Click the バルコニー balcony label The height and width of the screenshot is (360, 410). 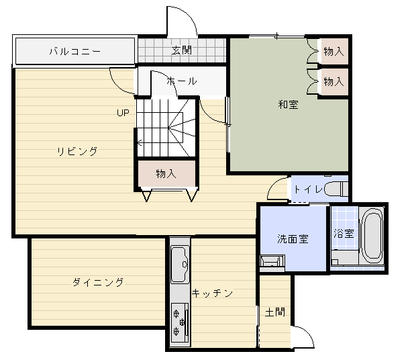tap(74, 51)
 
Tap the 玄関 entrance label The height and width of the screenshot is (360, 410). tap(182, 50)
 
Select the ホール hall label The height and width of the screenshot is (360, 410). tap(182, 81)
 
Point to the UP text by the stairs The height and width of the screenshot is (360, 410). tap(123, 113)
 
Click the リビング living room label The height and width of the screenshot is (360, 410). tap(77, 151)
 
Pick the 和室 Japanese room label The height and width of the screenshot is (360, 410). tap(288, 104)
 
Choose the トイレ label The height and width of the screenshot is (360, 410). tap(309, 189)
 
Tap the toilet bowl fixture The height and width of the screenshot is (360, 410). tap(336, 189)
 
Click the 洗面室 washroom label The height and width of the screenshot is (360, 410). tap(293, 238)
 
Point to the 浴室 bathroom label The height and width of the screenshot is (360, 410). tap(344, 233)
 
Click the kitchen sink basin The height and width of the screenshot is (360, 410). tap(180, 264)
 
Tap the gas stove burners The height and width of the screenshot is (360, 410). tap(180, 323)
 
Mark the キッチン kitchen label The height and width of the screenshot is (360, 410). tap(212, 293)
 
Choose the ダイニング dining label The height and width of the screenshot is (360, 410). tap(98, 282)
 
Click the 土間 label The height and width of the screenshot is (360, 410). tap(275, 312)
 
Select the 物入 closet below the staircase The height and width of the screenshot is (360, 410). tap(166, 173)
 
